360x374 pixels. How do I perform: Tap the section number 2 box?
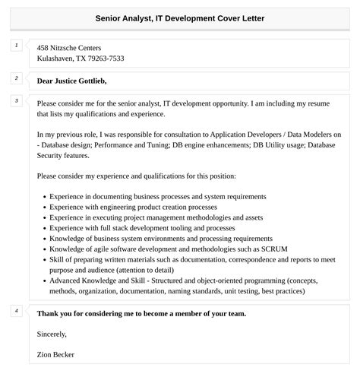16,78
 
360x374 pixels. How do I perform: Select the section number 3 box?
16,100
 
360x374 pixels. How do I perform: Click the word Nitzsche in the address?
71,47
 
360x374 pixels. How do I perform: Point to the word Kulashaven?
59,59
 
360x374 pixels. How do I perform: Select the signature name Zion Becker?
55,354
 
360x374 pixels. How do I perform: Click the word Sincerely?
52,334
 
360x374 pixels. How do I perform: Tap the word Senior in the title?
112,17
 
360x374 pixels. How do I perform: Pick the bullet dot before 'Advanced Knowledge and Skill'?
44,280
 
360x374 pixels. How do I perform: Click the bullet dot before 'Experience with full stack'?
44,227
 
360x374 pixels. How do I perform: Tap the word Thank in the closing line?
47,313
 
